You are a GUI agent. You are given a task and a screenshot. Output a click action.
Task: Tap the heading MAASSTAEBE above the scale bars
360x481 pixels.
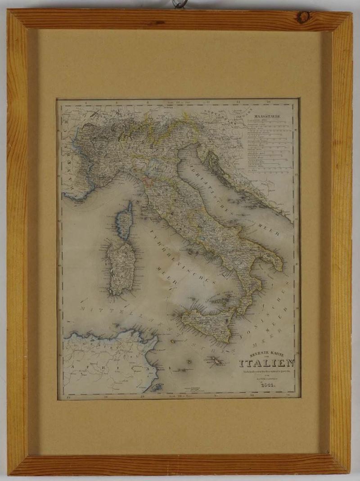pyautogui.click(x=267, y=118)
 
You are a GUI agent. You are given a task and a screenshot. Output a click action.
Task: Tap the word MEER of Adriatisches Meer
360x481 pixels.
pyautogui.click(x=269, y=228)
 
